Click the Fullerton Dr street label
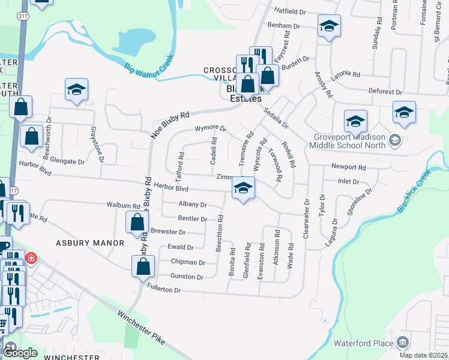[x=163, y=290]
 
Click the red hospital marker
[x=31, y=259]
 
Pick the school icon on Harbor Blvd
[x=243, y=189]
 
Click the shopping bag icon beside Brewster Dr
[x=137, y=222]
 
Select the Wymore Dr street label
[x=209, y=128]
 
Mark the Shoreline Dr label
[x=358, y=202]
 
